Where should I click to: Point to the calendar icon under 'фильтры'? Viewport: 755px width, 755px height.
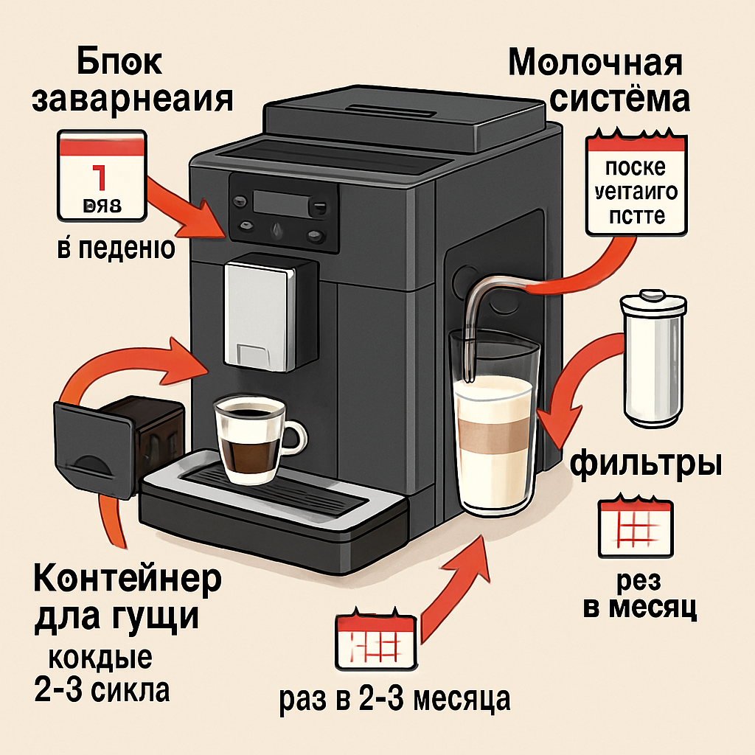(635, 526)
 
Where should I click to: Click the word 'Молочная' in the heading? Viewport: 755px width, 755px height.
(595, 65)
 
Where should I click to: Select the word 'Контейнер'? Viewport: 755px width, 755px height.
(127, 580)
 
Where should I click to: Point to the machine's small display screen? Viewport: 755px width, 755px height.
(284, 201)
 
